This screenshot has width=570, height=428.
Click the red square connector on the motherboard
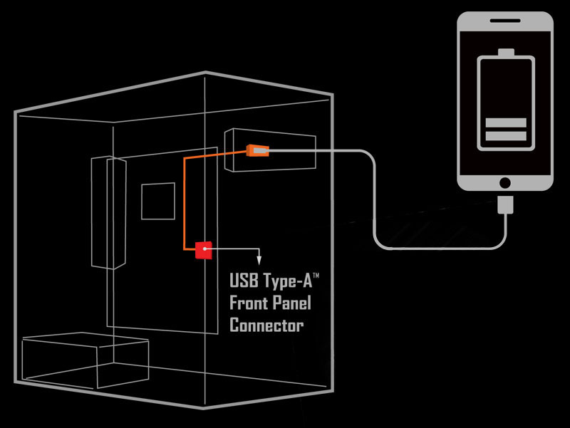204,249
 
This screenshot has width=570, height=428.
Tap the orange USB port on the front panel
256,151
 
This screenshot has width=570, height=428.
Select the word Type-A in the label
286,280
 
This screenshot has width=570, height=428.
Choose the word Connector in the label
266,326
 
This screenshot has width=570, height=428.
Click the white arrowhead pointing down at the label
259,260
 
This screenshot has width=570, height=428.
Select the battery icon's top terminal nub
506,53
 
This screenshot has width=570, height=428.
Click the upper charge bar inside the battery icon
506,123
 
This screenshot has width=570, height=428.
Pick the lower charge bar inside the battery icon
506,135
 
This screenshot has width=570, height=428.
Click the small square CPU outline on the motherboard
157,201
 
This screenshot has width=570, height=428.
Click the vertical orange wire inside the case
185,203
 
